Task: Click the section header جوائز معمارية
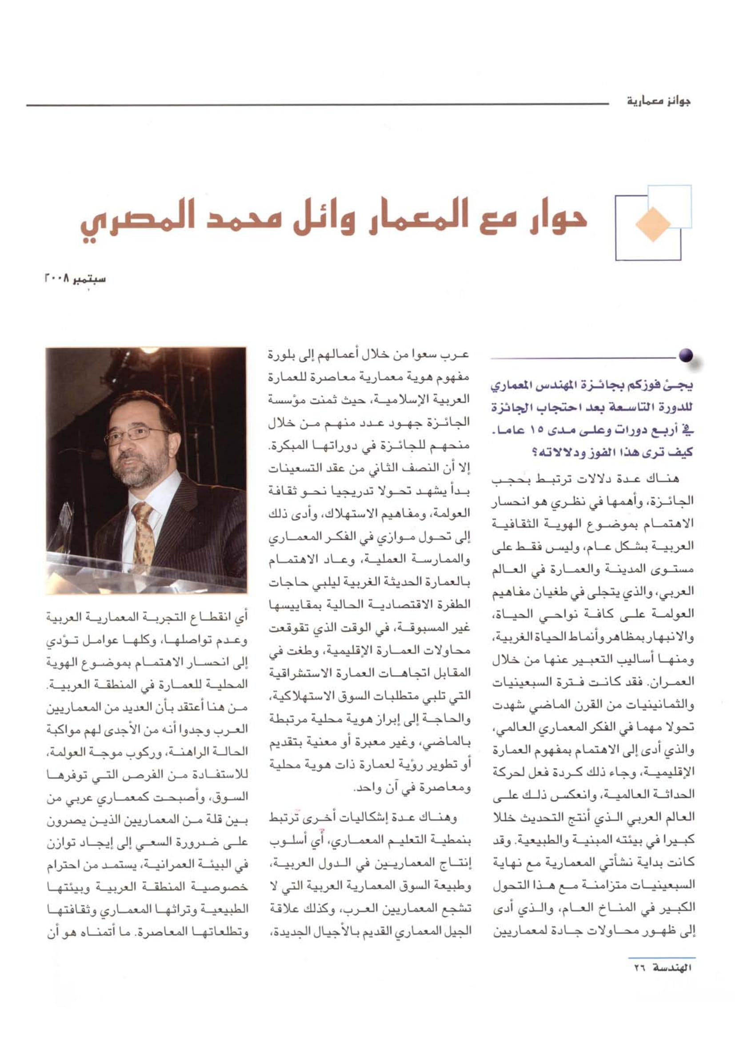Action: pos(659,101)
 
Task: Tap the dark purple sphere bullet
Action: pos(686,356)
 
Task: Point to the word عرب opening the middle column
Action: pos(459,355)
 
